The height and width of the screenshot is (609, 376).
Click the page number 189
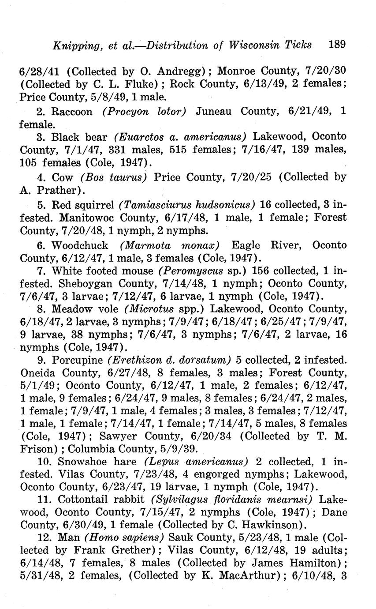(337, 45)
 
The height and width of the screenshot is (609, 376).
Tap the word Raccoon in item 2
(72, 112)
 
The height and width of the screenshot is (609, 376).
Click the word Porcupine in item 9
(78, 360)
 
